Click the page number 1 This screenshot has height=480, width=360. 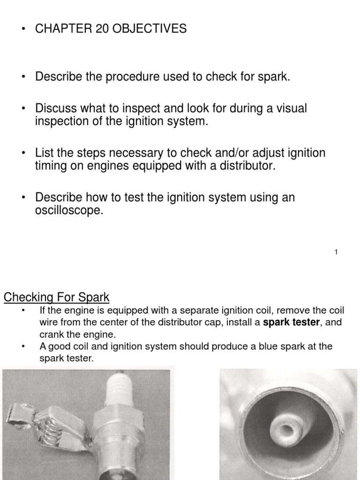tap(337, 253)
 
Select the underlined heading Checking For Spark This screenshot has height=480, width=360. tap(56, 297)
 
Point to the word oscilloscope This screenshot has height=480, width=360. tap(68, 211)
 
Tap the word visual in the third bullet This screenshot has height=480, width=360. tap(290, 108)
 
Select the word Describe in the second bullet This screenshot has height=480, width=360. tap(59, 77)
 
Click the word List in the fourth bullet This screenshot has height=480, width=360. tap(45, 153)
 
